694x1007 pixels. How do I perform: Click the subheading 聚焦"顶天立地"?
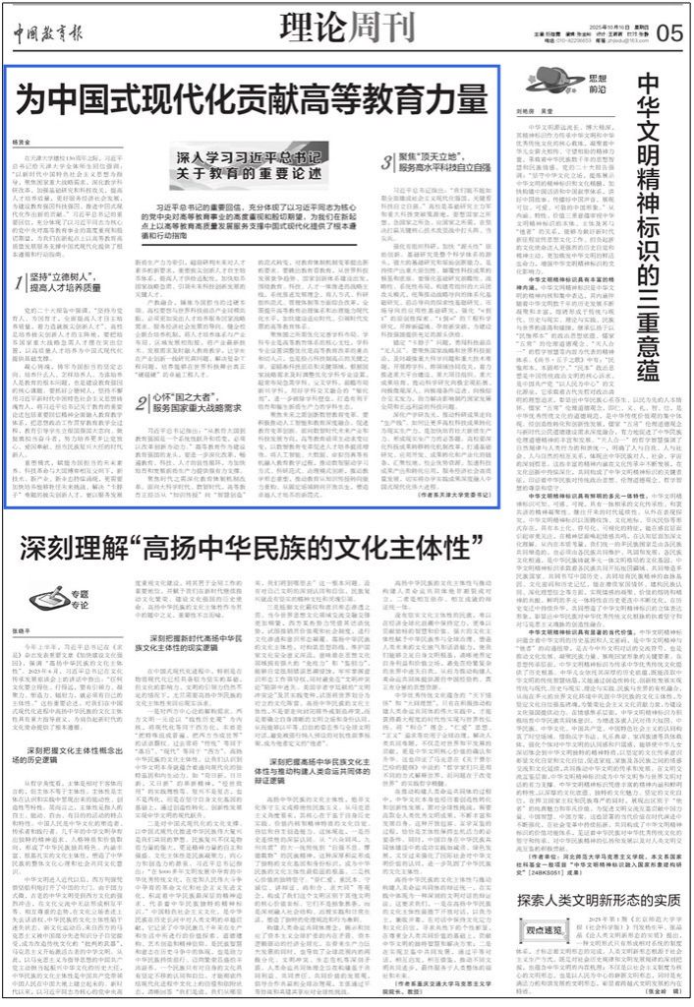[x=422, y=209]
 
